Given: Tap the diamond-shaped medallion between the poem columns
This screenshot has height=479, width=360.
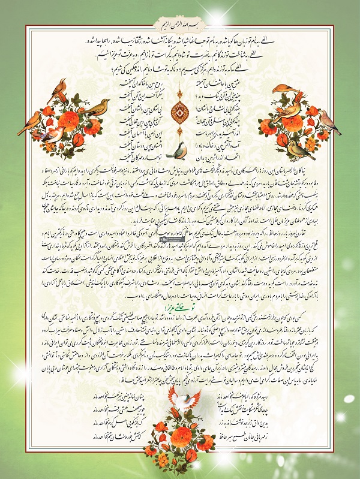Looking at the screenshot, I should [x=180, y=110].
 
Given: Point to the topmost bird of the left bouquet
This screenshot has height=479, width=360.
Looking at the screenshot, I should [x=58, y=89].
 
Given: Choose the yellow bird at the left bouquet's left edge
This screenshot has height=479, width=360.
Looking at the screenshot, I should [x=29, y=120].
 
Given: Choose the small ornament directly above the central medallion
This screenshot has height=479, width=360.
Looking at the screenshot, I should [x=180, y=91].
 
